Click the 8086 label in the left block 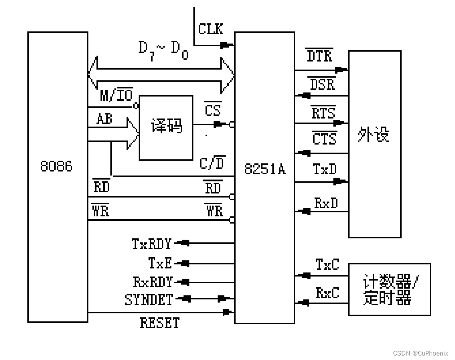click(57, 167)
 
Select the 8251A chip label click(265, 169)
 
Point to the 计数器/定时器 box click(389, 290)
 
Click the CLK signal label click(210, 29)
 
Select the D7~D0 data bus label click(163, 49)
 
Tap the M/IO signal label click(116, 96)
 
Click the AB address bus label click(105, 119)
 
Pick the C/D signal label click(212, 163)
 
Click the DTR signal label click(319, 56)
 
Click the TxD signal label click(324, 169)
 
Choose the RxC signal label click(328, 293)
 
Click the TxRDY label click(152, 244)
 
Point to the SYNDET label click(149, 300)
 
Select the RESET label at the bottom click(159, 323)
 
